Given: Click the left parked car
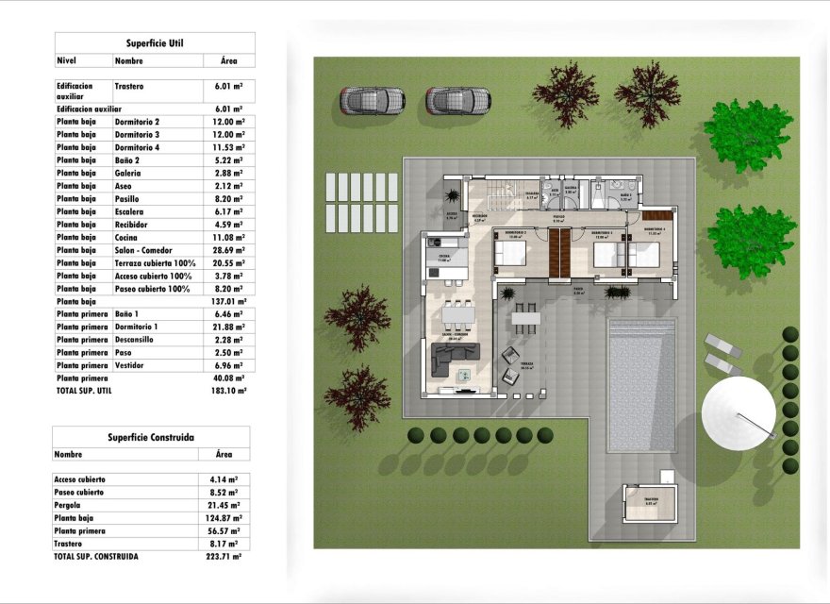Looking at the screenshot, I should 373,99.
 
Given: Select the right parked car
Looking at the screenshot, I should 457,99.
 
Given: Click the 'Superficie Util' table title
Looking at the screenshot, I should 155,43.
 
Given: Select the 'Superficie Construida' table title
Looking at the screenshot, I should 151,438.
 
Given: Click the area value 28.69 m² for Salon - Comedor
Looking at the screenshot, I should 228,250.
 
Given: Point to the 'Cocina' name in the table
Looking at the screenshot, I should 127,238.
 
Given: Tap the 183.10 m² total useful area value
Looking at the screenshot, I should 228,391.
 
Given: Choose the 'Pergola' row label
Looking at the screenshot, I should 70,505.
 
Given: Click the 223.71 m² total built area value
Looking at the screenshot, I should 224,557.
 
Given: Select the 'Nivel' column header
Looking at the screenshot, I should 66,60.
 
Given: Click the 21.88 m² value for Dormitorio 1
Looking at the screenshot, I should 228,327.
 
